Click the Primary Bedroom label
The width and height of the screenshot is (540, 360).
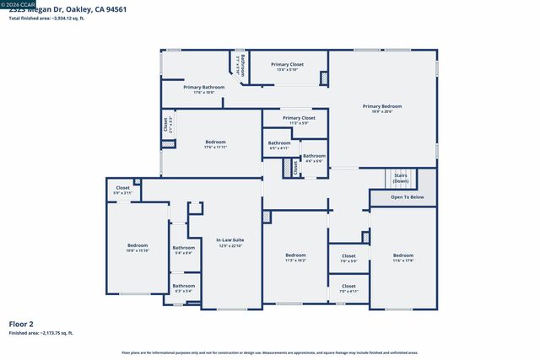382,106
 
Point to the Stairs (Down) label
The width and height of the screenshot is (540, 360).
400,179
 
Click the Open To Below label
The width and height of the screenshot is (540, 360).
407,197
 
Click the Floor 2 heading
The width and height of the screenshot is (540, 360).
20,324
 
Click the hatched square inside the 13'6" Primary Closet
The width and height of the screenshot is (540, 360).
322,78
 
